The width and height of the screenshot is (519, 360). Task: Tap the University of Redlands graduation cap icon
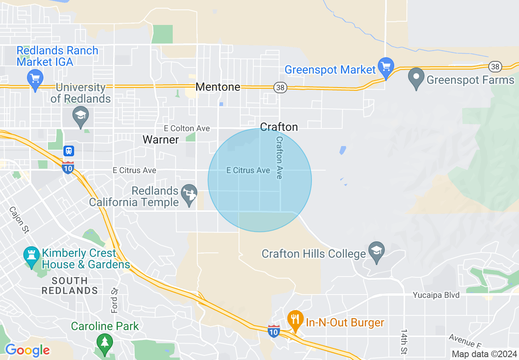(81, 115)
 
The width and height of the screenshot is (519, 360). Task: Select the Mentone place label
(218, 87)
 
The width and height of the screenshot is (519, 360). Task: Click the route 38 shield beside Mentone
(280, 87)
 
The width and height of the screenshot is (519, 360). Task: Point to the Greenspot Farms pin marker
(416, 76)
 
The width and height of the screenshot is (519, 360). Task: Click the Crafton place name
(279, 127)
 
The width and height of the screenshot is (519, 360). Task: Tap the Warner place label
(160, 139)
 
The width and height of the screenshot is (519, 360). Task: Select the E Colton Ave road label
(187, 128)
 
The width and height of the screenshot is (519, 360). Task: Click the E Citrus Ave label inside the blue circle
(248, 170)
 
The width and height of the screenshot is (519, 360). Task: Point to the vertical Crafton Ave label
(279, 157)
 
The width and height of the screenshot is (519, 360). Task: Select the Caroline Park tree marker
(105, 341)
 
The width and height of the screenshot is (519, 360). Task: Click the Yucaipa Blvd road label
(436, 295)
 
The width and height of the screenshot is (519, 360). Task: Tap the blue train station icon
(69, 151)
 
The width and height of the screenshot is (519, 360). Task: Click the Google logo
(27, 350)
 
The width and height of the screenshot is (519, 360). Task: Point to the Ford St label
(114, 300)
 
